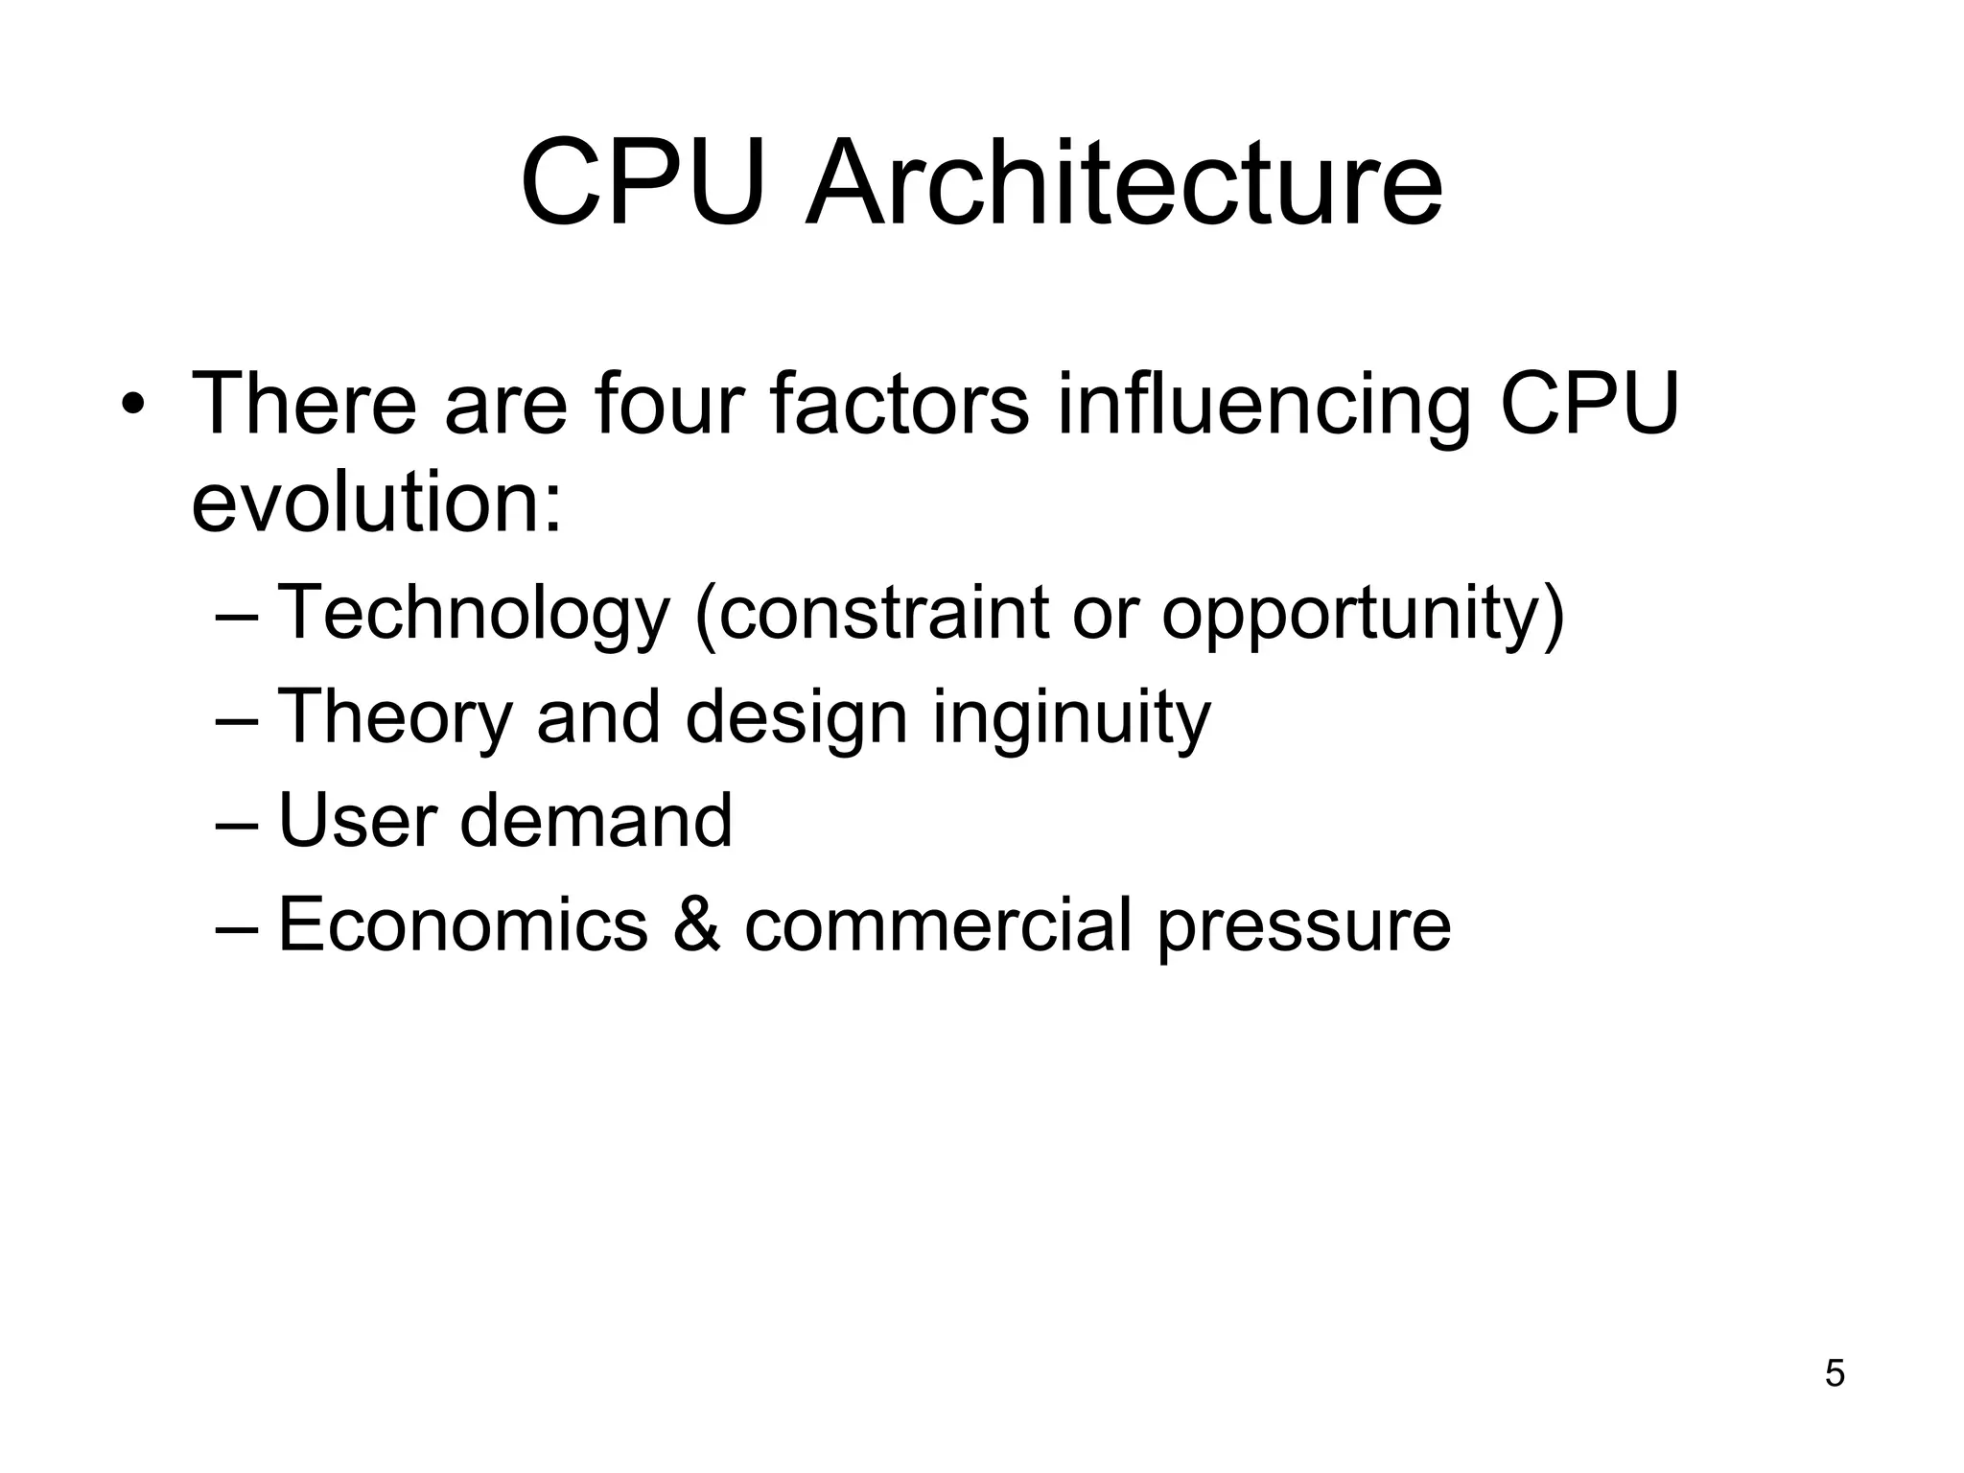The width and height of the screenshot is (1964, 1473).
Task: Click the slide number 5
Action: tap(1834, 1373)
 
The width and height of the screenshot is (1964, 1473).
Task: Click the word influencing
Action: tap(1264, 404)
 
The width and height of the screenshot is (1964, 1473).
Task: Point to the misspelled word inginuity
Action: tap(1071, 717)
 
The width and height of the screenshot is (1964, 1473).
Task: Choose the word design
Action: tap(796, 717)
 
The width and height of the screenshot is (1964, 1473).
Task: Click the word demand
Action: tap(596, 821)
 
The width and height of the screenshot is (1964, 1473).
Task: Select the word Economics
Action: tap(463, 924)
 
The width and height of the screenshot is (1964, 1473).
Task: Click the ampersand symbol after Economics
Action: tap(696, 924)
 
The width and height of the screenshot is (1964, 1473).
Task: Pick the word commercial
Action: tap(938, 924)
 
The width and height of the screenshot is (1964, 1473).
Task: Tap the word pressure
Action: tap(1303, 926)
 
